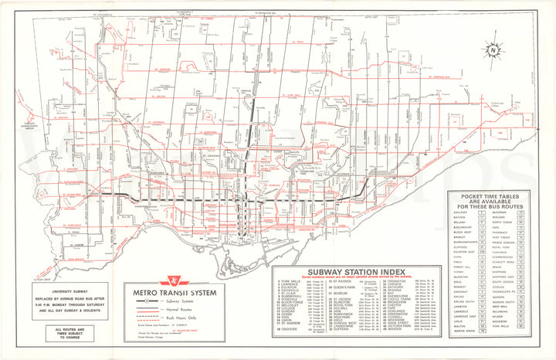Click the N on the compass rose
point(491,51)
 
